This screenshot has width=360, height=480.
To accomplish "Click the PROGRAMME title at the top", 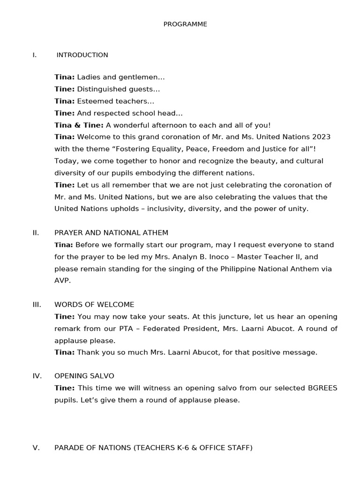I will [x=185, y=24].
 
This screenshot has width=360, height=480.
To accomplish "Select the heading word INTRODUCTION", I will [x=82, y=55].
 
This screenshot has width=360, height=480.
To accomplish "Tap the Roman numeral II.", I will [x=36, y=232].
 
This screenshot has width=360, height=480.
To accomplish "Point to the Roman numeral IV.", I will [x=37, y=376].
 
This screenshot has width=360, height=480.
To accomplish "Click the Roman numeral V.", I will [x=36, y=448].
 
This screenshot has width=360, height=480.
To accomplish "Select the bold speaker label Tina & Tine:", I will [x=79, y=125].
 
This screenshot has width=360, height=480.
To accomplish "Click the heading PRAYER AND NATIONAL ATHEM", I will [x=111, y=232].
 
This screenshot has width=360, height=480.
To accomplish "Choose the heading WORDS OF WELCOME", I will [x=94, y=304].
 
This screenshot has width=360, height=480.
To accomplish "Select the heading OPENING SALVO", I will [x=84, y=376].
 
